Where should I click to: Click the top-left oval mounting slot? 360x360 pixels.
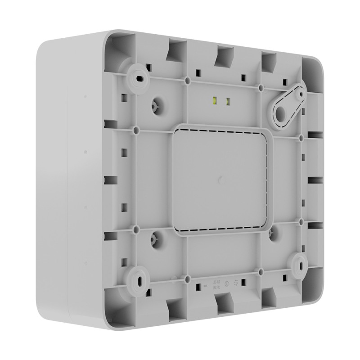tap(141, 79)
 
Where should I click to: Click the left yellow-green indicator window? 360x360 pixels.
tap(214, 101)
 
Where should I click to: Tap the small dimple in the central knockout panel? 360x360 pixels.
tap(220, 180)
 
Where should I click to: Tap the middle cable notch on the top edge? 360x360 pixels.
tap(223, 55)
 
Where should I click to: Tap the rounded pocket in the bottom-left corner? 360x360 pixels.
tap(117, 301)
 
